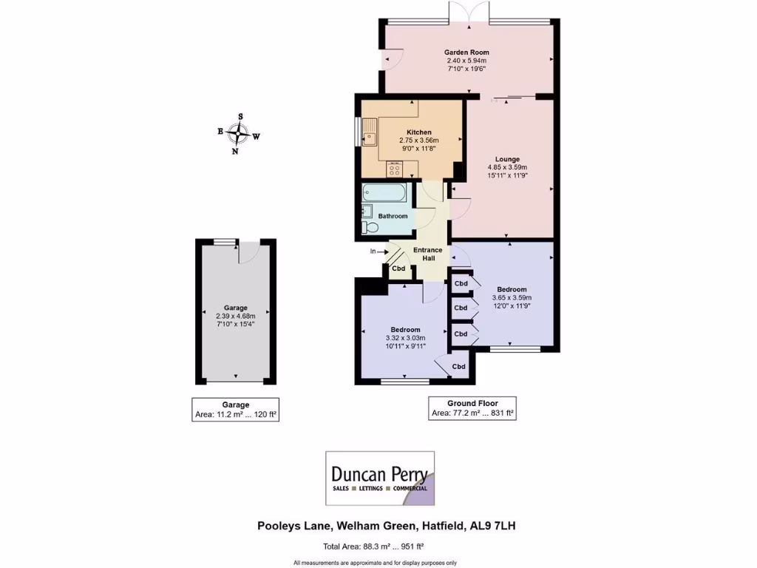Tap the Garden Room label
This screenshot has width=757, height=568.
[466, 53]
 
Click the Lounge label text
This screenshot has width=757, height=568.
[507, 159]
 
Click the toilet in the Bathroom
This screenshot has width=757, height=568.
[370, 227]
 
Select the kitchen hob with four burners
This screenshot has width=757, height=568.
[393, 169]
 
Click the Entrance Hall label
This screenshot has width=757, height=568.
[427, 254]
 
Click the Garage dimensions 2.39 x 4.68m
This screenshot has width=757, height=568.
[236, 316]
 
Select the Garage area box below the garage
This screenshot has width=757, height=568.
[236, 410]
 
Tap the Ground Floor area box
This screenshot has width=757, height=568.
[473, 408]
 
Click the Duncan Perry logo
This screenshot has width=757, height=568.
[380, 478]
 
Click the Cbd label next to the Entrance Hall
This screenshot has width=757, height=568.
[398, 268]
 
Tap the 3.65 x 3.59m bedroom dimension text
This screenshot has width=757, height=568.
[512, 297]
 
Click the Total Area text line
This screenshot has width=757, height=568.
[378, 548]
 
